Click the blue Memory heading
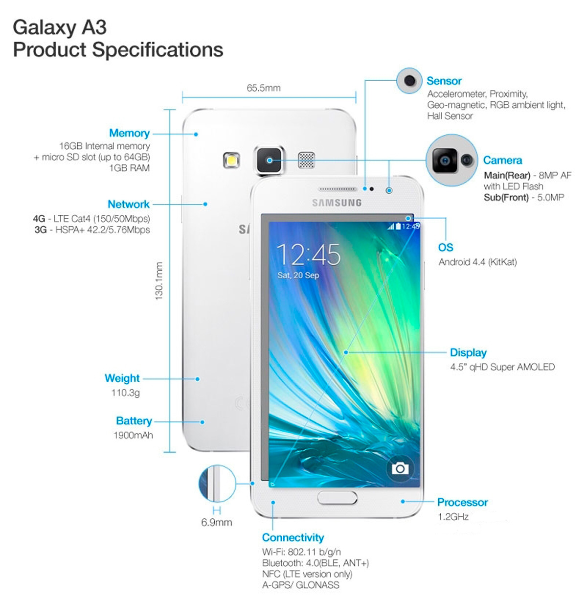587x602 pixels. pos(129,133)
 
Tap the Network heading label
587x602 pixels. pos(128,204)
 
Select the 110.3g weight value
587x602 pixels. pos(125,393)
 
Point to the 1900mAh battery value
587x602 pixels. pos(133,435)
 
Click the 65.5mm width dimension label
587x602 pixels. pos(264,88)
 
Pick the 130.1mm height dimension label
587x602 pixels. pos(159,281)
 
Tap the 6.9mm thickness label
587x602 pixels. pos(216,522)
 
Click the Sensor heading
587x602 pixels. pos(444,81)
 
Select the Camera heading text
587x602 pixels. pos(502,161)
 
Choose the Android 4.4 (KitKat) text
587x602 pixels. pos(477,262)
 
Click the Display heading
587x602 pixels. pos(468,353)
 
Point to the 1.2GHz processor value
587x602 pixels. pos(453,516)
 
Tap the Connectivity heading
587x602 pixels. pos(293,537)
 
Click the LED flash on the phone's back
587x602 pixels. pos(231,160)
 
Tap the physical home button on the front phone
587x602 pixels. pos(337,498)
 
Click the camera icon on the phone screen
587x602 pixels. pos(400,468)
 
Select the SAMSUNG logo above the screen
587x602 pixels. pos(337,203)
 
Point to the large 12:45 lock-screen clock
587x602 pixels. pos(308,255)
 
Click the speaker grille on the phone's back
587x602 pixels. pos(307,160)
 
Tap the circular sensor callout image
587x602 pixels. pos(409,81)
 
